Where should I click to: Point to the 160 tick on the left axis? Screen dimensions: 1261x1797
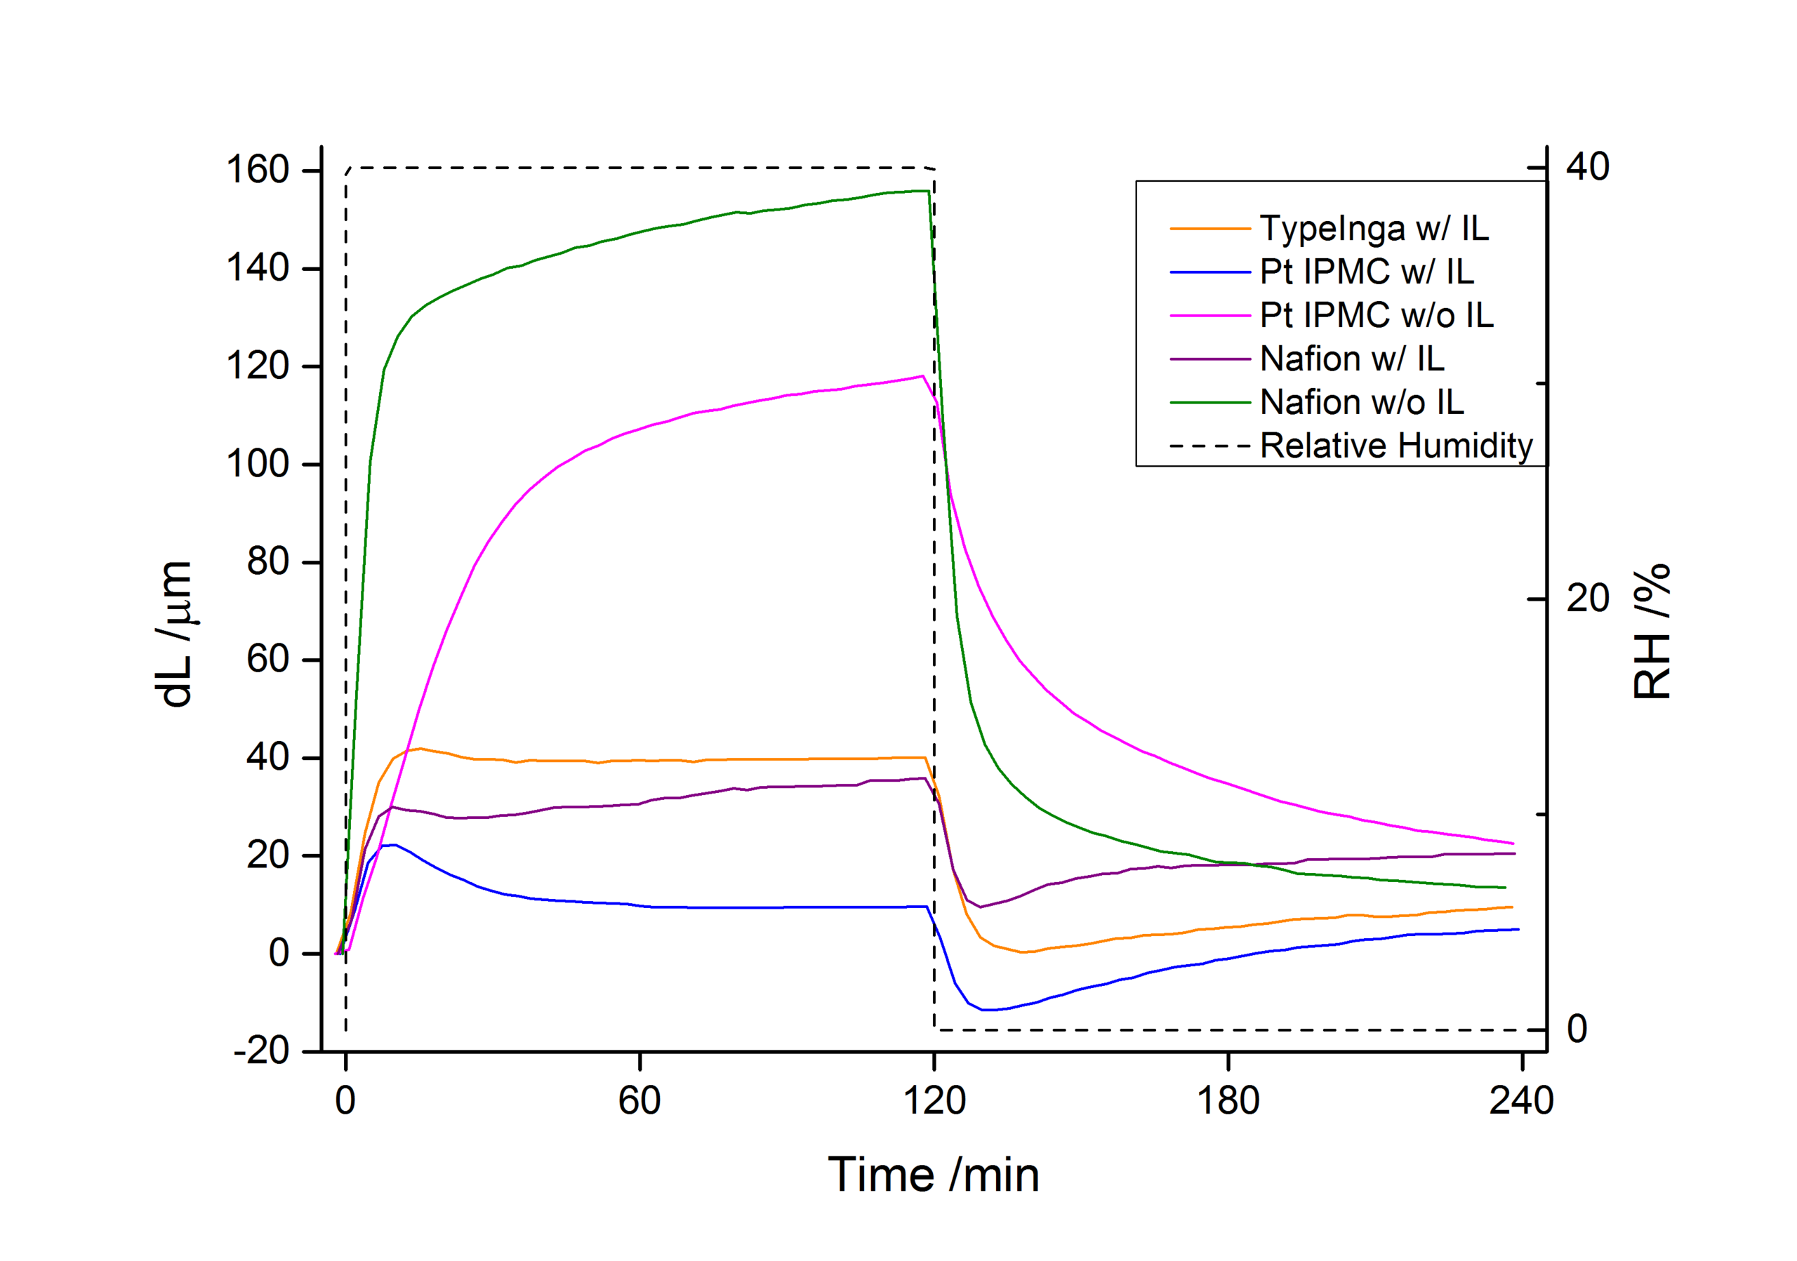258,170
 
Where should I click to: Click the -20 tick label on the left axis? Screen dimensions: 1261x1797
261,1050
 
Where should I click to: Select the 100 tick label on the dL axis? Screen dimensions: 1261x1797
258,464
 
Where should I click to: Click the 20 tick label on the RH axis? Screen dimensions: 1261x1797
1587,599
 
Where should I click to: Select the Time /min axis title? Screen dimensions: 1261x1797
934,1175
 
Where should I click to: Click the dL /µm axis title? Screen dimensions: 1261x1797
175,634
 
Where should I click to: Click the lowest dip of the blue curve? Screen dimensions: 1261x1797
988,1010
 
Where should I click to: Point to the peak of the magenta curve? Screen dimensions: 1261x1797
923,376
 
